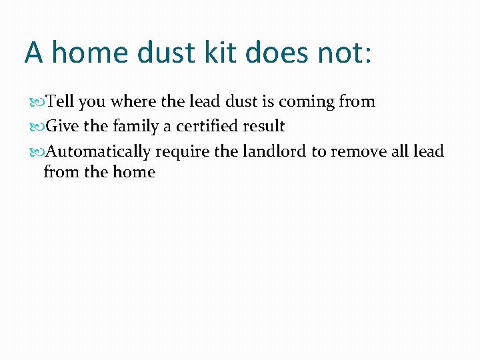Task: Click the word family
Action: pyautogui.click(x=135, y=127)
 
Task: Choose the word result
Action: pyautogui.click(x=263, y=127)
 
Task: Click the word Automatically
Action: pyautogui.click(x=98, y=152)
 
